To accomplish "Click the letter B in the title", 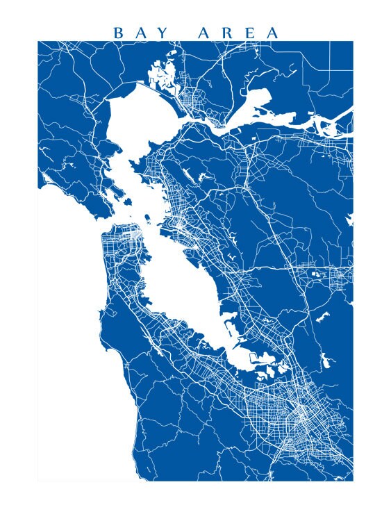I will tap(117, 33).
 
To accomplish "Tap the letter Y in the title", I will tap(172, 33).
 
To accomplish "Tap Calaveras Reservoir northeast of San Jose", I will tap(324, 361).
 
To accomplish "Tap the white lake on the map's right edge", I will tap(349, 221).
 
